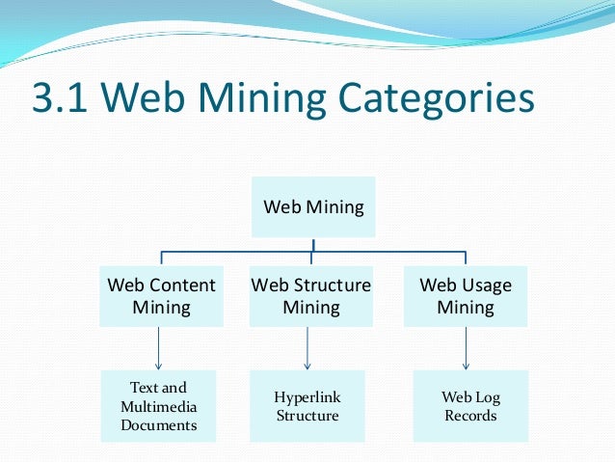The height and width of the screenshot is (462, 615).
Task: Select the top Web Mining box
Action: tap(313, 206)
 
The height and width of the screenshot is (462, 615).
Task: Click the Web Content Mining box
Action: tap(161, 296)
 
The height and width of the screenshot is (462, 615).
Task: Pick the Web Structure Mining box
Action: tap(310, 296)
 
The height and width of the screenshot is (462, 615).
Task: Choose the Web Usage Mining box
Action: tap(465, 296)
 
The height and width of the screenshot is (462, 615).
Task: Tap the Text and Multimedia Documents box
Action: tap(158, 405)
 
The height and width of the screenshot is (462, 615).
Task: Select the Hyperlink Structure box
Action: tap(307, 406)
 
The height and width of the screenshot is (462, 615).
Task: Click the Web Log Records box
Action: tap(470, 406)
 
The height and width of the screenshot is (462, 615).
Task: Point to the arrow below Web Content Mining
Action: tap(158, 347)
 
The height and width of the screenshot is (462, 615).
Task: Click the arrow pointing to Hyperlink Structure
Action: tap(307, 347)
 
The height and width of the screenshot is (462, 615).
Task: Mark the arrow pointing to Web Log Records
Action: tap(467, 347)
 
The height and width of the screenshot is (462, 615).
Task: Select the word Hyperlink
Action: tap(307, 397)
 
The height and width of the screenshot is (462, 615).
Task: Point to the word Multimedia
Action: tap(158, 406)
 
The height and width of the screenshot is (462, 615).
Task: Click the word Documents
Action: tap(158, 424)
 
